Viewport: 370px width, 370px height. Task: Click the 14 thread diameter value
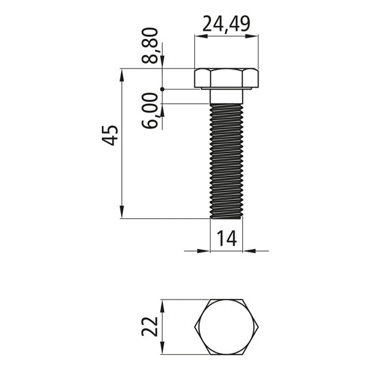click(226, 238)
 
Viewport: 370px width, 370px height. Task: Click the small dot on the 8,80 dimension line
click(162, 89)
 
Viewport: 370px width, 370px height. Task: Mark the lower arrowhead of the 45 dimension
click(122, 214)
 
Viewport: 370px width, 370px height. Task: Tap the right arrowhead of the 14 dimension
click(248, 250)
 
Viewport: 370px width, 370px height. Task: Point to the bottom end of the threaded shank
click(226, 217)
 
